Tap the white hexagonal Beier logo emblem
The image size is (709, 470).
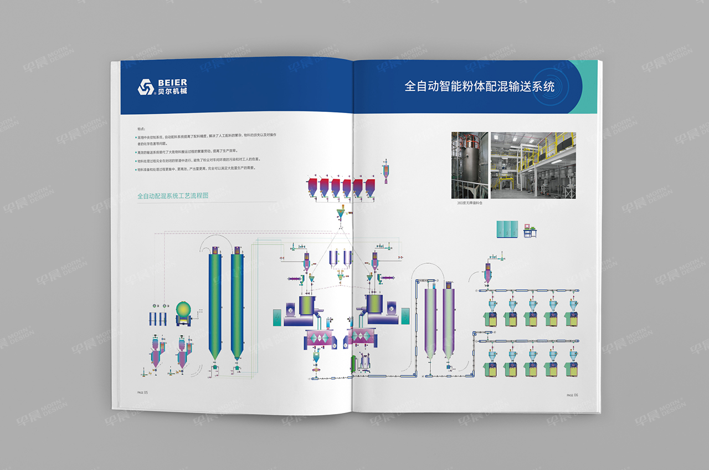coord(146,87)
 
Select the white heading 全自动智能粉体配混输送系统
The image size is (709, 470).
coord(479,86)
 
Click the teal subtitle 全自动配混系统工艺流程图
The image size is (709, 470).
coord(173,196)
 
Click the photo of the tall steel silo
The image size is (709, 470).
coord(470,165)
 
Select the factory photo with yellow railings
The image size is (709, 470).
coord(533,165)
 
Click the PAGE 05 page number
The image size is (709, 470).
coord(143,392)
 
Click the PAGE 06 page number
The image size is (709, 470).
coord(572,395)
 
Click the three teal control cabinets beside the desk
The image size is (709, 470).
coord(507,228)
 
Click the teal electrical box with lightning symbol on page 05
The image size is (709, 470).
coord(277,318)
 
